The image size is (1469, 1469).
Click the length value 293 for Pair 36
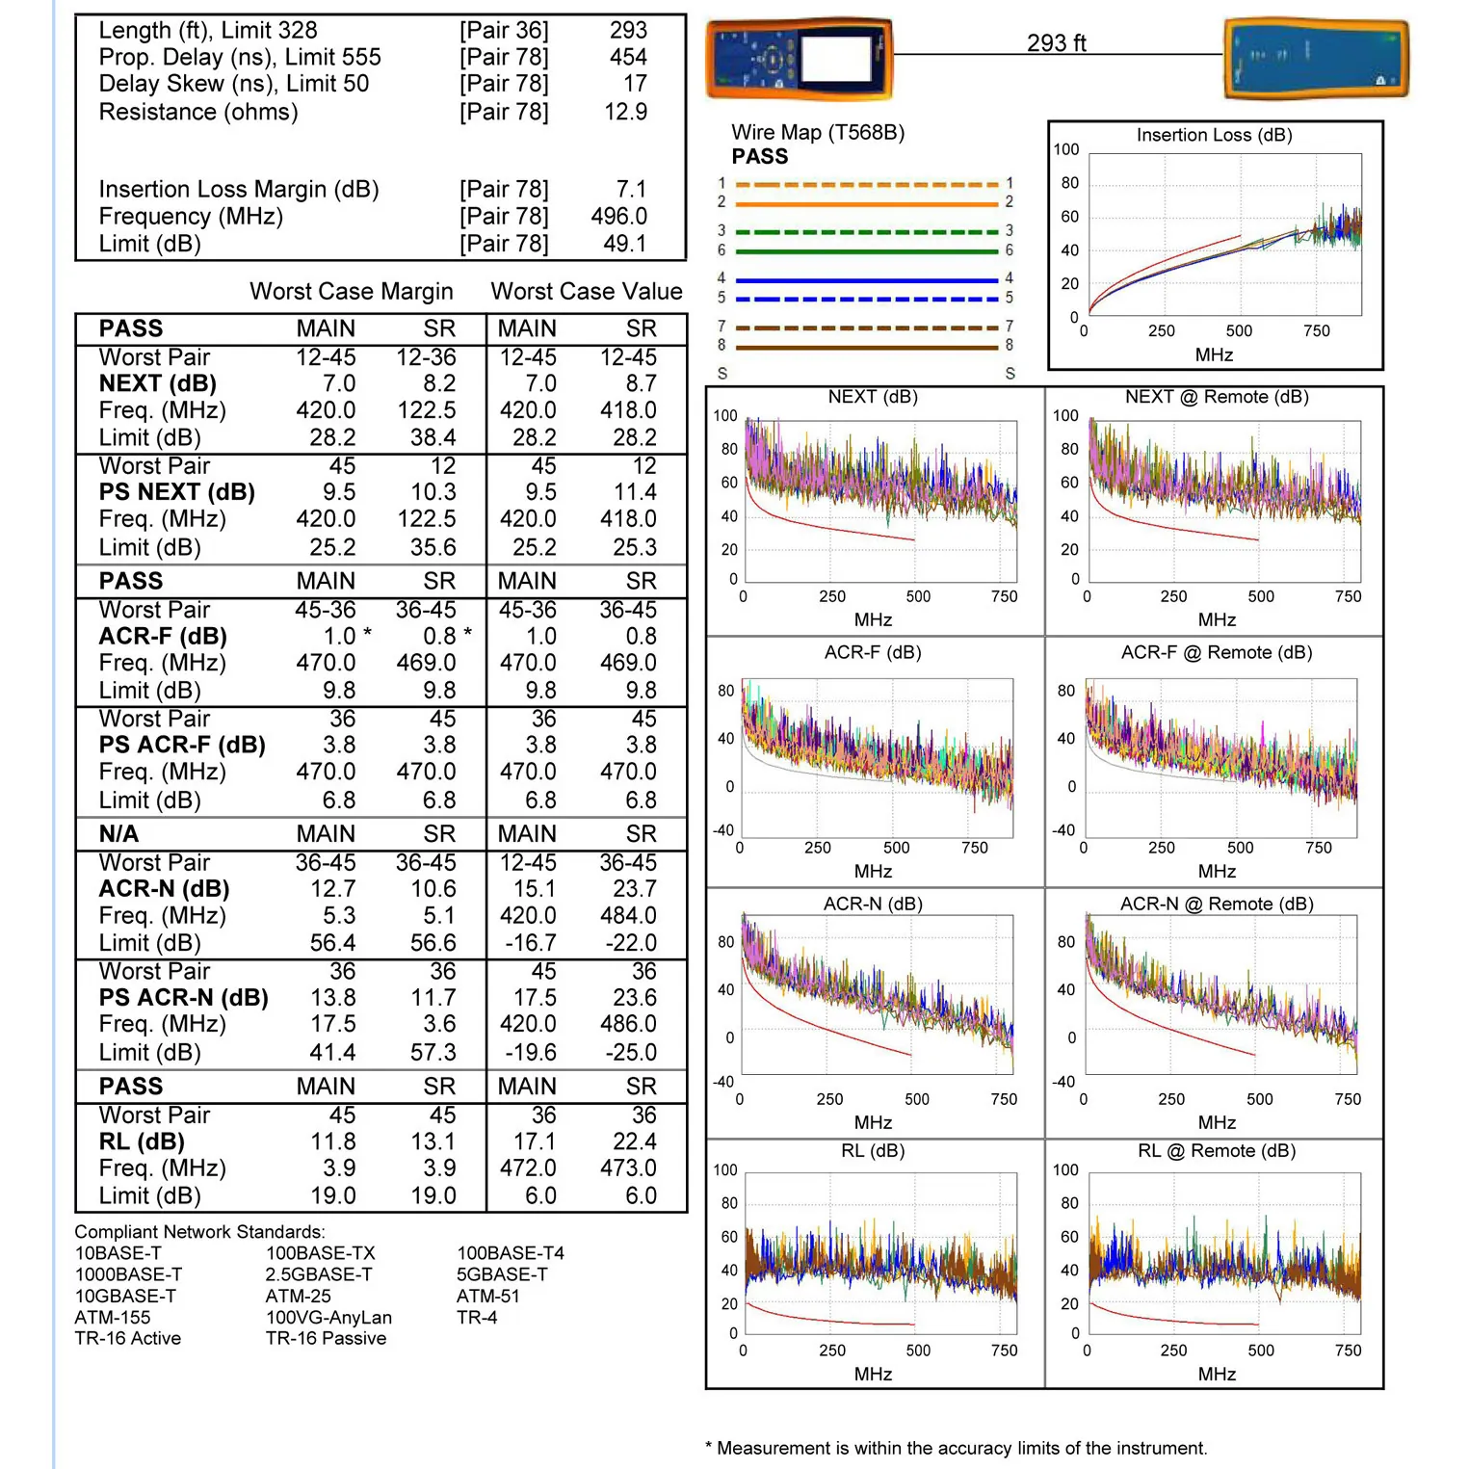point(628,31)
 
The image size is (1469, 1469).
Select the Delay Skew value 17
point(635,84)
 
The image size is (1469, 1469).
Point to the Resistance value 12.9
point(625,112)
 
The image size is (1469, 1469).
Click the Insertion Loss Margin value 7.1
point(631,189)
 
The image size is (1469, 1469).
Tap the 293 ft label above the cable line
point(1056,43)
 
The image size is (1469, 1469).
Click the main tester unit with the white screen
point(799,59)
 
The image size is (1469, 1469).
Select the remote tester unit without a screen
point(1316,60)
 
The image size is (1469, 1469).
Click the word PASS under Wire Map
point(759,157)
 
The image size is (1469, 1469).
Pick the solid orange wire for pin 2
point(866,204)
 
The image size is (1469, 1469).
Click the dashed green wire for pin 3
point(866,232)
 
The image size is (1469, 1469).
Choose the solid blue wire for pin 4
point(866,280)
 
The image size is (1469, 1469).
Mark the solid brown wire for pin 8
point(866,348)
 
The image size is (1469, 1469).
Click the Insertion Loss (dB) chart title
point(1214,135)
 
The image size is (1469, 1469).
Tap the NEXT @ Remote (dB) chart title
point(1216,397)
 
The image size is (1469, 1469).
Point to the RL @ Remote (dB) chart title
point(1216,1151)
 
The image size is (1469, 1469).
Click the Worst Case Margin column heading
point(351,291)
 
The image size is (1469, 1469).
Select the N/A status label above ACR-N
point(118,833)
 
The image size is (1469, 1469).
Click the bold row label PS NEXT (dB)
point(176,492)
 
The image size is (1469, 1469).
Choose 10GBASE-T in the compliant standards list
point(125,1296)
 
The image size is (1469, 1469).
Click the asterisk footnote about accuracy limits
point(956,1448)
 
